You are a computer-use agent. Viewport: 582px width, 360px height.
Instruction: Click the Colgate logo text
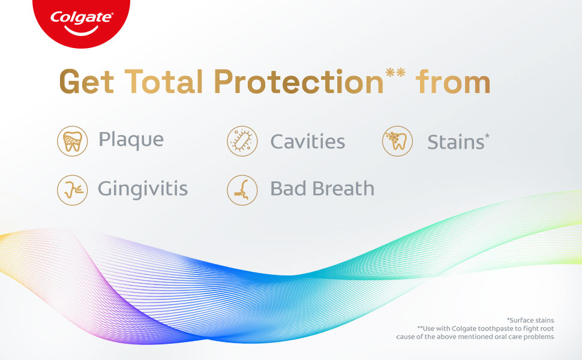[81, 17]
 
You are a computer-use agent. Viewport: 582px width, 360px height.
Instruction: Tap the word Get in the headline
[86, 82]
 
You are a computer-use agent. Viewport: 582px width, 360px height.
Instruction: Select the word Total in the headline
[163, 81]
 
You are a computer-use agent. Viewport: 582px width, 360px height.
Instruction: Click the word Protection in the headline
[298, 81]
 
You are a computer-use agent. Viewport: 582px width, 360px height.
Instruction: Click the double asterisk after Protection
[395, 73]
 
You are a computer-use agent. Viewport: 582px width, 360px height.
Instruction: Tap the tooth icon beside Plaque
[73, 141]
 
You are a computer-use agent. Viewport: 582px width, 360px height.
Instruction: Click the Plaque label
[131, 140]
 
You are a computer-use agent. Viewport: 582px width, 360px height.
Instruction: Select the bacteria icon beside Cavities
[242, 141]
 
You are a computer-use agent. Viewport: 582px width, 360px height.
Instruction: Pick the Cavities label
[308, 142]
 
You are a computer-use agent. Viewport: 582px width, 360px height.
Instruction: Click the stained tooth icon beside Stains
[398, 141]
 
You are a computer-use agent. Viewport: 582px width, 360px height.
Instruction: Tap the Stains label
[456, 142]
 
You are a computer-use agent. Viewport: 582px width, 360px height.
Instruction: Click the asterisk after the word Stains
[487, 136]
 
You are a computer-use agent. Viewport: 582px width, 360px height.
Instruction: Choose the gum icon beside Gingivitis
[73, 190]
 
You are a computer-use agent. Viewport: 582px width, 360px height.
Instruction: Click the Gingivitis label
[143, 189]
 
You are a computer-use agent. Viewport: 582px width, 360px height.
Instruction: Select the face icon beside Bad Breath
[242, 190]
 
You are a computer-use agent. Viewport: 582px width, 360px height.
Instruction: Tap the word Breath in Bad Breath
[343, 188]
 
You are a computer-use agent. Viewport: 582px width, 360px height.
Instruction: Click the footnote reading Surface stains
[530, 320]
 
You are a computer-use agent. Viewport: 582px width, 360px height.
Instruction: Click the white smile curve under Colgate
[81, 31]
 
